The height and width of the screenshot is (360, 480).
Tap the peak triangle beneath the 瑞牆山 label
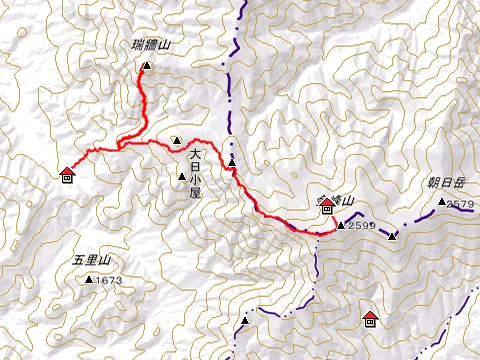(146, 66)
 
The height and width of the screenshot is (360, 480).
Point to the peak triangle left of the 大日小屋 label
(181, 177)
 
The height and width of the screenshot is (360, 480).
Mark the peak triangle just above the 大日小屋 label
(176, 140)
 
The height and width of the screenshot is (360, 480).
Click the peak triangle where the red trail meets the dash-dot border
(232, 162)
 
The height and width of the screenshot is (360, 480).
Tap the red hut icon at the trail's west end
(67, 176)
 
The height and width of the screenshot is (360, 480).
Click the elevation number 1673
(109, 280)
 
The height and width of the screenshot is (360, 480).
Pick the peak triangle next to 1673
(90, 280)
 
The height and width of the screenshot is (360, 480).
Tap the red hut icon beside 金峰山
(327, 208)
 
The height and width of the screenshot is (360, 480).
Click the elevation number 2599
(362, 226)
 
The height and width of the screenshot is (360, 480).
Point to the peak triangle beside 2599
(341, 225)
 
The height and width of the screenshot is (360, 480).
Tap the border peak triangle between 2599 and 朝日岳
(393, 236)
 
